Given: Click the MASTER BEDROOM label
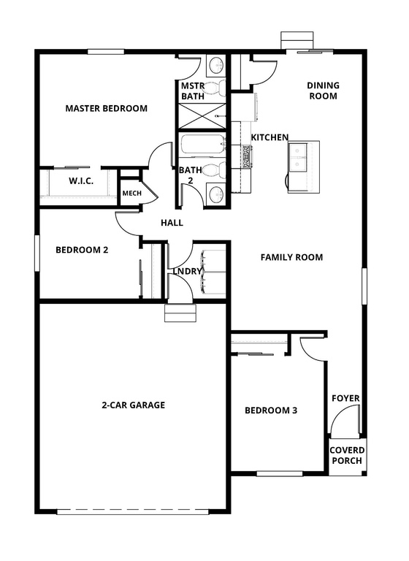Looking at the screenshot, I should pyautogui.click(x=106, y=108).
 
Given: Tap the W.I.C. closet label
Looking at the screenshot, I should pyautogui.click(x=80, y=180).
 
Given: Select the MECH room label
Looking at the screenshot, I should pyautogui.click(x=131, y=193).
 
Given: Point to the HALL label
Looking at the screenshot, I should pyautogui.click(x=171, y=223).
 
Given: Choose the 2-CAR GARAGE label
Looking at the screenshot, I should pyautogui.click(x=133, y=405).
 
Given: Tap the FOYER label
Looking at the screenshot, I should pyautogui.click(x=345, y=398).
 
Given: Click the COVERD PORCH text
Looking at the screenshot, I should pyautogui.click(x=346, y=455).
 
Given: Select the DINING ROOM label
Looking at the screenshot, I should pyautogui.click(x=323, y=91).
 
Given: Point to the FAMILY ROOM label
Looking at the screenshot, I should pyautogui.click(x=291, y=257).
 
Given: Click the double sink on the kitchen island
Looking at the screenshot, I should pyautogui.click(x=299, y=156).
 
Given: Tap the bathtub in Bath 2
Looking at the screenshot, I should pyautogui.click(x=201, y=145).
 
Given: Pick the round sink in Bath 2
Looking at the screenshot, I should pyautogui.click(x=215, y=194).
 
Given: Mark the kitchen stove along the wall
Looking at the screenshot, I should pyautogui.click(x=247, y=156).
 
